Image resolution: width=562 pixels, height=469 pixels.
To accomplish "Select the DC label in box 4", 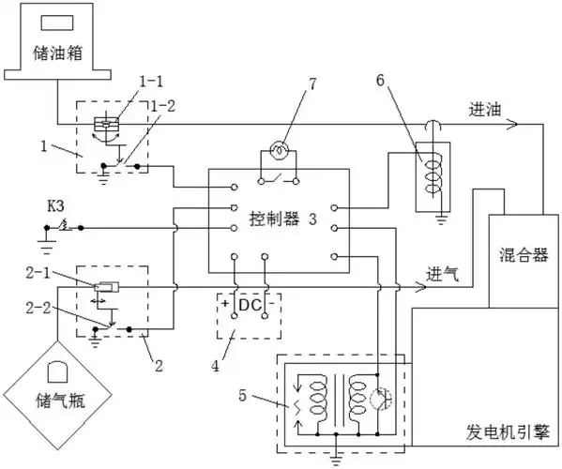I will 248,305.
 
